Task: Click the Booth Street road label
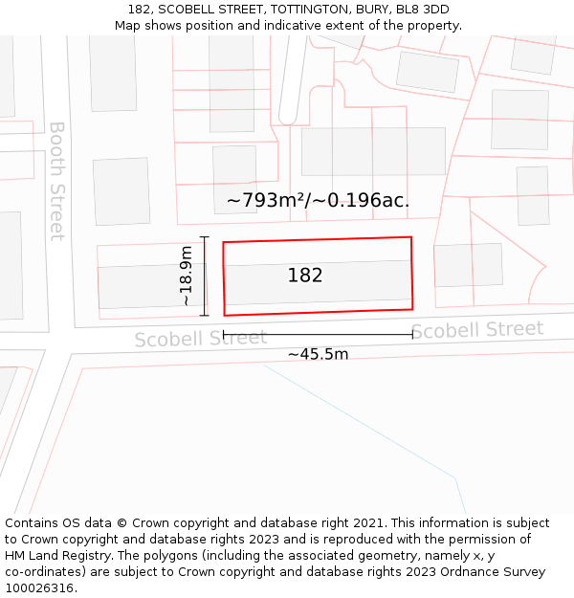click(57, 180)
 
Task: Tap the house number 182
click(305, 276)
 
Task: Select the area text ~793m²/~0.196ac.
click(319, 201)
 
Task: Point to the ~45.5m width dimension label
click(318, 354)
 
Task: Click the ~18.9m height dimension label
click(186, 276)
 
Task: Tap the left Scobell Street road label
click(200, 339)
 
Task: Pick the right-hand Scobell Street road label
click(476, 330)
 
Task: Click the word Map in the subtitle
click(127, 26)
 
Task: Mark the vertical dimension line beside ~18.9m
click(204, 276)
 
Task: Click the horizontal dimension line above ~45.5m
click(318, 335)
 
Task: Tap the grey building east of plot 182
click(468, 265)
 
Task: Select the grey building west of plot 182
click(143, 286)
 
